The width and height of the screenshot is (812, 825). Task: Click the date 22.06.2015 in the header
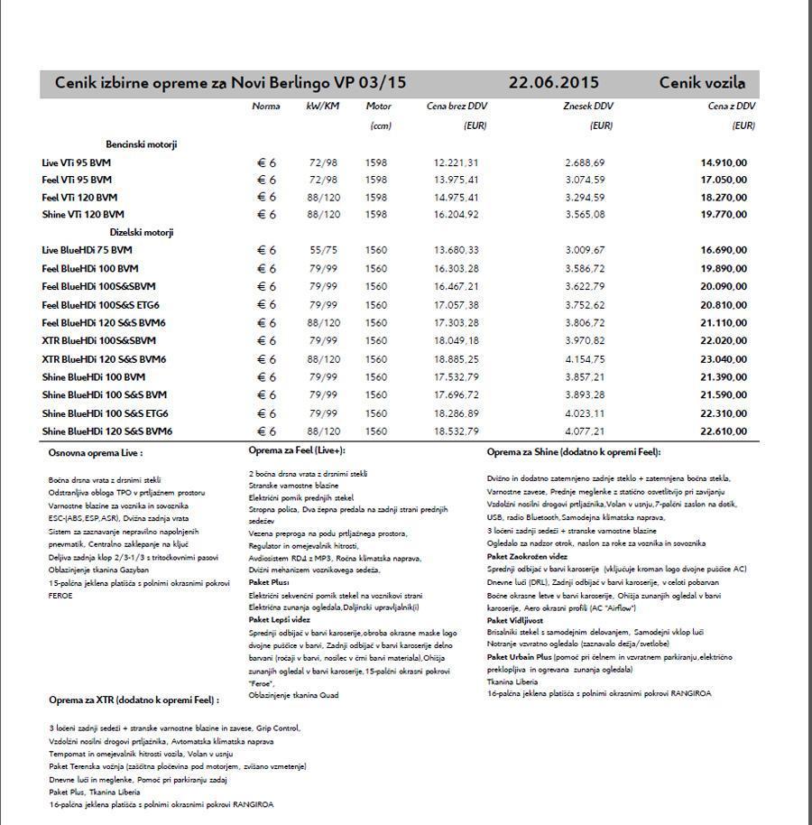pos(553,83)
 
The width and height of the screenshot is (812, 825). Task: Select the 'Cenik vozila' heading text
pos(702,83)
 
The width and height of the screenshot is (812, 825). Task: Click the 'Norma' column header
pos(266,107)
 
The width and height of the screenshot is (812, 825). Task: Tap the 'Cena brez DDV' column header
pos(457,107)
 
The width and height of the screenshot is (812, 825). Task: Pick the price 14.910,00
pos(724,162)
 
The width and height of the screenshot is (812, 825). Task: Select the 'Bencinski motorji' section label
pos(142,144)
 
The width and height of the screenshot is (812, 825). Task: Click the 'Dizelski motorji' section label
pos(142,232)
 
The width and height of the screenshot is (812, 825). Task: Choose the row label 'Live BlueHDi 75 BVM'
pos(87,250)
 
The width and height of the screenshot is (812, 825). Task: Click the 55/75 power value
pos(323,250)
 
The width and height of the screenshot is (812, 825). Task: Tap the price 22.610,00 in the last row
pos(724,431)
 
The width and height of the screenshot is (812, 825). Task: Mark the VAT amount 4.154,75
pos(585,359)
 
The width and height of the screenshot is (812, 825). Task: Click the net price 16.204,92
pos(456,215)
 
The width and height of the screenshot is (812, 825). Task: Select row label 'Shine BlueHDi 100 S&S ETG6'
pos(105,413)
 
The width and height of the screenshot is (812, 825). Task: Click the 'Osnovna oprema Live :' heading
pos(96,453)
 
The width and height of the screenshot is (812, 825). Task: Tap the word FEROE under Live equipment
pos(62,596)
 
